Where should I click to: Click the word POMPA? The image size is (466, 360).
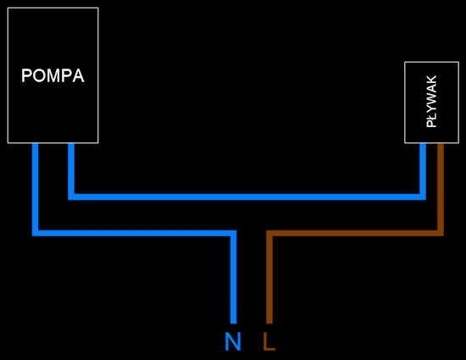pyautogui.click(x=53, y=75)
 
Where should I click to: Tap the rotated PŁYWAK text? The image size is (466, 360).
pyautogui.click(x=431, y=102)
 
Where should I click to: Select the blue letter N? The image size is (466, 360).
pyautogui.click(x=233, y=341)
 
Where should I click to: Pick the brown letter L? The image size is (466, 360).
pyautogui.click(x=269, y=341)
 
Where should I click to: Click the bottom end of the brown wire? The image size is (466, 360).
pyautogui.click(x=269, y=324)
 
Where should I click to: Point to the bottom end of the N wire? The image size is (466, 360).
pyautogui.click(x=234, y=324)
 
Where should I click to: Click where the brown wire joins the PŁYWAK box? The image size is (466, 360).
pyautogui.click(x=441, y=144)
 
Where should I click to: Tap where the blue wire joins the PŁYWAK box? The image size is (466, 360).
pyautogui.click(x=423, y=144)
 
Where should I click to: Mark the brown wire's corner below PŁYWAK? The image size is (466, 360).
pyautogui.click(x=441, y=233)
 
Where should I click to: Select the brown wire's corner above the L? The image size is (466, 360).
pyautogui.click(x=269, y=233)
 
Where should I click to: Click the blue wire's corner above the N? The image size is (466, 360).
pyautogui.click(x=234, y=233)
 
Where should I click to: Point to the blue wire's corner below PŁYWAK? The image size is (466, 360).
pyautogui.click(x=423, y=197)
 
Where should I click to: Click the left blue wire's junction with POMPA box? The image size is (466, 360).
pyautogui.click(x=35, y=144)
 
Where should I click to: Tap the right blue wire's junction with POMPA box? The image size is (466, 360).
pyautogui.click(x=71, y=144)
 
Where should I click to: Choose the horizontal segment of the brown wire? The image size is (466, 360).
pyautogui.click(x=355, y=233)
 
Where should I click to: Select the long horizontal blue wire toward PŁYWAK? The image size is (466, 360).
pyautogui.click(x=247, y=197)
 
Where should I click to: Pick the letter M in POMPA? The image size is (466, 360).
pyautogui.click(x=53, y=75)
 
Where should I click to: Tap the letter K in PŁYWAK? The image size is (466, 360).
pyautogui.click(x=431, y=80)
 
